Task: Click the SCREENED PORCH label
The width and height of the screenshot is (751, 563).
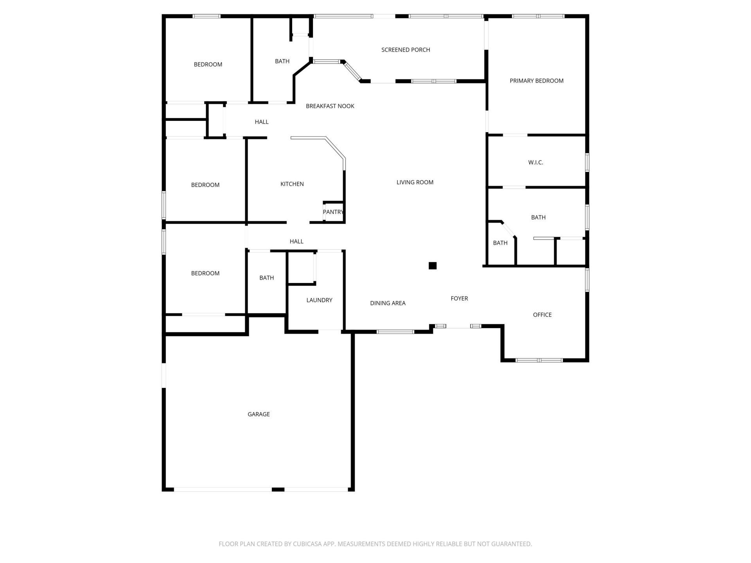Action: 406,50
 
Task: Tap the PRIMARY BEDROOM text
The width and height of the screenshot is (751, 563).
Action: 536,81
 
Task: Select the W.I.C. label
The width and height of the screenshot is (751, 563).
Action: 535,162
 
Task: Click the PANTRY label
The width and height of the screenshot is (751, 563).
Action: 333,212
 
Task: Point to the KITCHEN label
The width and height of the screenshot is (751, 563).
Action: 292,184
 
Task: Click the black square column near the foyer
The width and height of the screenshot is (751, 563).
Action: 432,266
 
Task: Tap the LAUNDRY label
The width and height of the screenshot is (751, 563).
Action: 319,300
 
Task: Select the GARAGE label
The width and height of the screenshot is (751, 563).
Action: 259,414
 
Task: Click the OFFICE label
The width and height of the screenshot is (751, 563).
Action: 542,315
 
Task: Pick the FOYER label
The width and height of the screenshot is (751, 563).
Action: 459,298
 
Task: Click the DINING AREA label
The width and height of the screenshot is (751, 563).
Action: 388,303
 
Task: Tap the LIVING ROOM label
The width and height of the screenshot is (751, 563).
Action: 415,182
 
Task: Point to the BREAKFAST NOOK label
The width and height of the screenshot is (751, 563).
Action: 330,106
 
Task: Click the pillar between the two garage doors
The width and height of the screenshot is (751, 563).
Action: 278,489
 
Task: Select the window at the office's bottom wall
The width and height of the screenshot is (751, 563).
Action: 539,360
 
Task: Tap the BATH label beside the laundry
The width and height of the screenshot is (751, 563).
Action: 266,278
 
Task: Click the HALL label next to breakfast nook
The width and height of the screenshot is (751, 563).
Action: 261,122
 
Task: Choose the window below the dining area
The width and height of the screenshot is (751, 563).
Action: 395,332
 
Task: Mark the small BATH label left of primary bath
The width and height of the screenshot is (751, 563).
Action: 500,243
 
